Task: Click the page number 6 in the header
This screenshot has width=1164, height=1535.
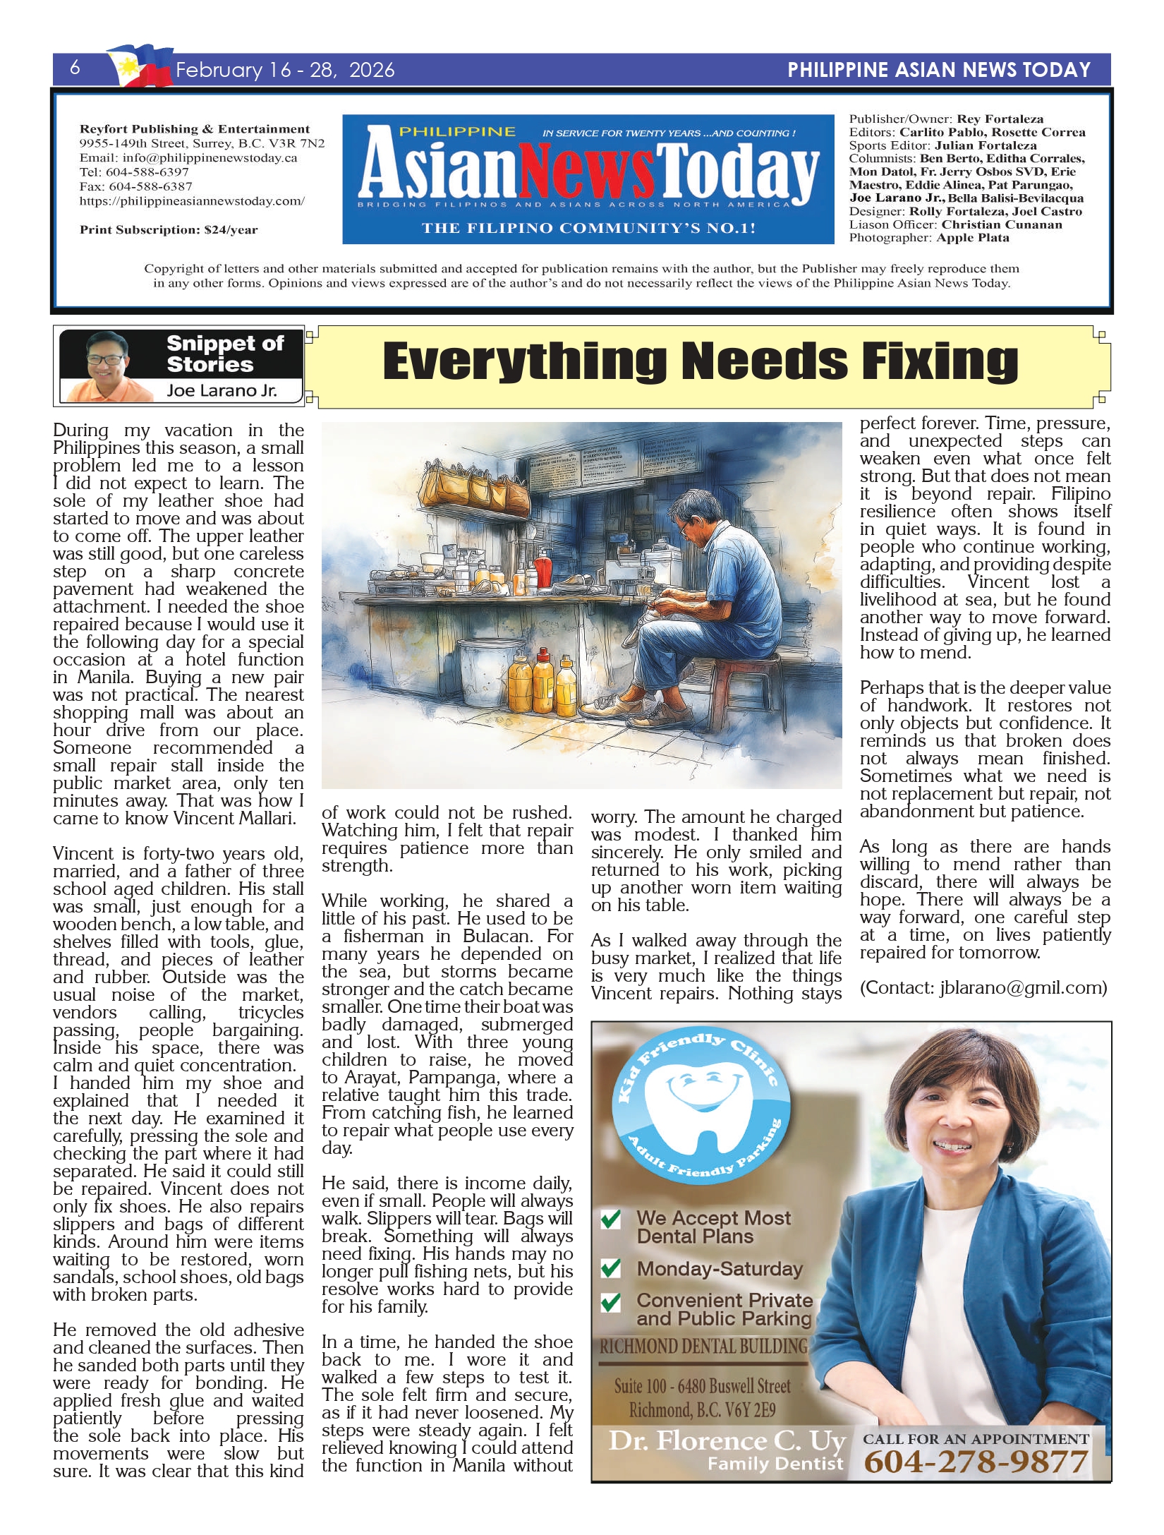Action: click(75, 68)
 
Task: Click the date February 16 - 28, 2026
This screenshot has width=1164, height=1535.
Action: click(285, 70)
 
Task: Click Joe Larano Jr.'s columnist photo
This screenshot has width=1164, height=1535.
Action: click(107, 365)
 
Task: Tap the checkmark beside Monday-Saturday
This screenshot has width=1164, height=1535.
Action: click(610, 1268)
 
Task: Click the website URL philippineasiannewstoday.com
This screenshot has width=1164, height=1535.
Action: click(192, 201)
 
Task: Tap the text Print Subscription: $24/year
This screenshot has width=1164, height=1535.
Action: click(169, 229)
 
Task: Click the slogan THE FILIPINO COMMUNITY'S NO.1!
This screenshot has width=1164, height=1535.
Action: click(588, 228)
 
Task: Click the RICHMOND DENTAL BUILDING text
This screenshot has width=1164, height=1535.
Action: click(703, 1347)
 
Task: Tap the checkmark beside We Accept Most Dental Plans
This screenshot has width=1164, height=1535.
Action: click(610, 1219)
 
